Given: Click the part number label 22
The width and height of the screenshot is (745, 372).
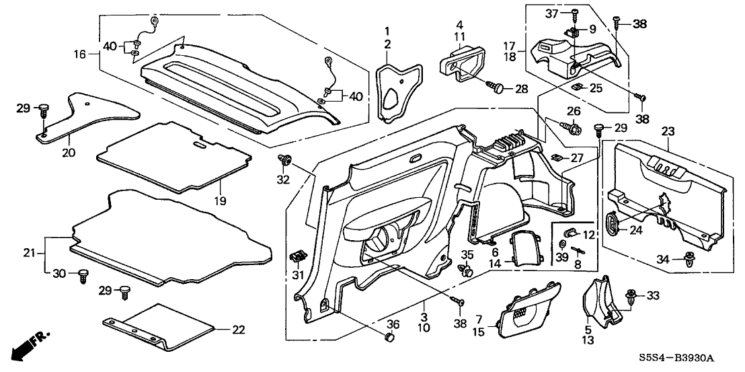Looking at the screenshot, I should tap(239, 330).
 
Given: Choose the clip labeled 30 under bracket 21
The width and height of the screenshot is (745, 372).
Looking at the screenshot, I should tap(84, 274).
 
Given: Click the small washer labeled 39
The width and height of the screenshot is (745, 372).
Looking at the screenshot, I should tap(562, 244).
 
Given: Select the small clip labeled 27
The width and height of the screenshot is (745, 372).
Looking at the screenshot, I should tap(557, 159).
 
